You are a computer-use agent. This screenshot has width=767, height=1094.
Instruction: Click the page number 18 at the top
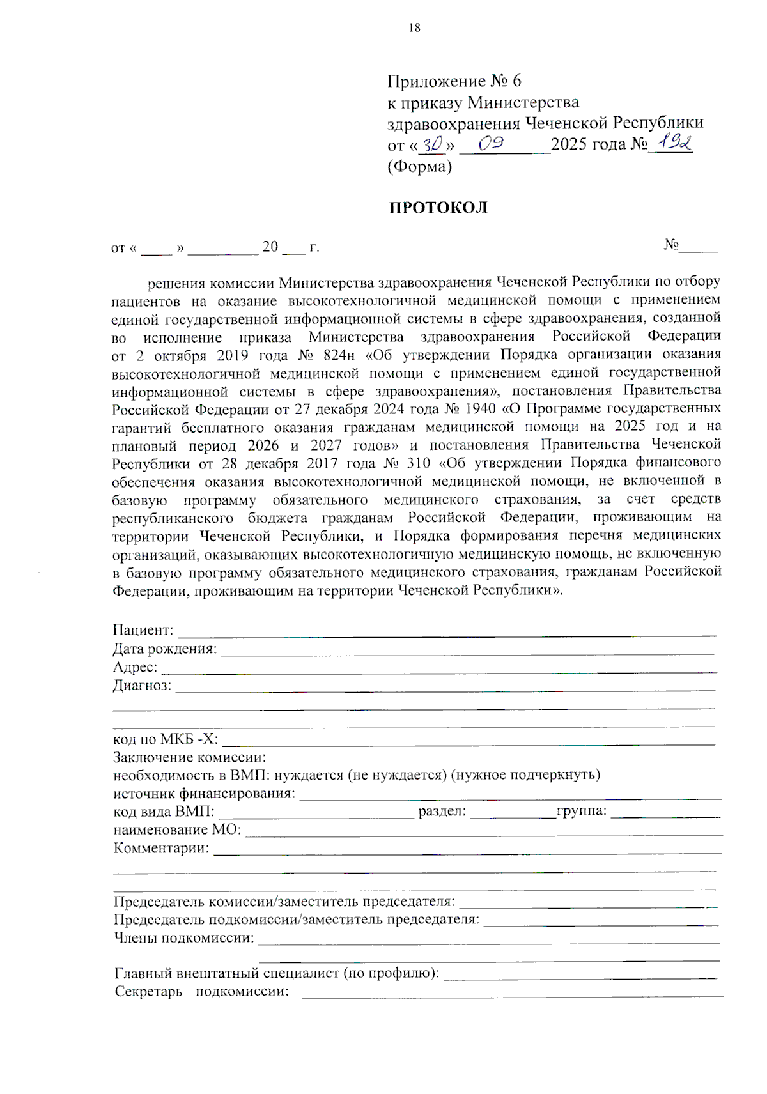(414, 27)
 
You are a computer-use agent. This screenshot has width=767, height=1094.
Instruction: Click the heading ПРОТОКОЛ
(438, 208)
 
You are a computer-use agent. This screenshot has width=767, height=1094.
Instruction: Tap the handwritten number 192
(670, 143)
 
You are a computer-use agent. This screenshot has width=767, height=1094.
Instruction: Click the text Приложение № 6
(454, 81)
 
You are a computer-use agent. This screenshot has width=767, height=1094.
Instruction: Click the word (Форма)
(419, 167)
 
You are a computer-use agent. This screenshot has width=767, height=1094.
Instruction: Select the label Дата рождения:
(165, 649)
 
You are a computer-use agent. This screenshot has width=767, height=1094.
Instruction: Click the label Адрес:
(135, 667)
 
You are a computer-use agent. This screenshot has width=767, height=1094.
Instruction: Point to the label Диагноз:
(142, 686)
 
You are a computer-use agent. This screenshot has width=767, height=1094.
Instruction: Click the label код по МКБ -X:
(166, 739)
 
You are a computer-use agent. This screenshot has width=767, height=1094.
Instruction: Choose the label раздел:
(442, 812)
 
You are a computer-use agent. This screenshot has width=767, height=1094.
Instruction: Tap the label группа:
(582, 812)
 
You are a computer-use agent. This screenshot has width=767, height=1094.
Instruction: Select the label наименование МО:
(177, 830)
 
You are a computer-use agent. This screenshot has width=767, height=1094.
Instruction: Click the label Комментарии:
(161, 849)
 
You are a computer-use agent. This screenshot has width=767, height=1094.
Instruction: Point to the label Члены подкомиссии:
(183, 938)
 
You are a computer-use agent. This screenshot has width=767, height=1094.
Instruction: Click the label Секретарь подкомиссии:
(201, 992)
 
